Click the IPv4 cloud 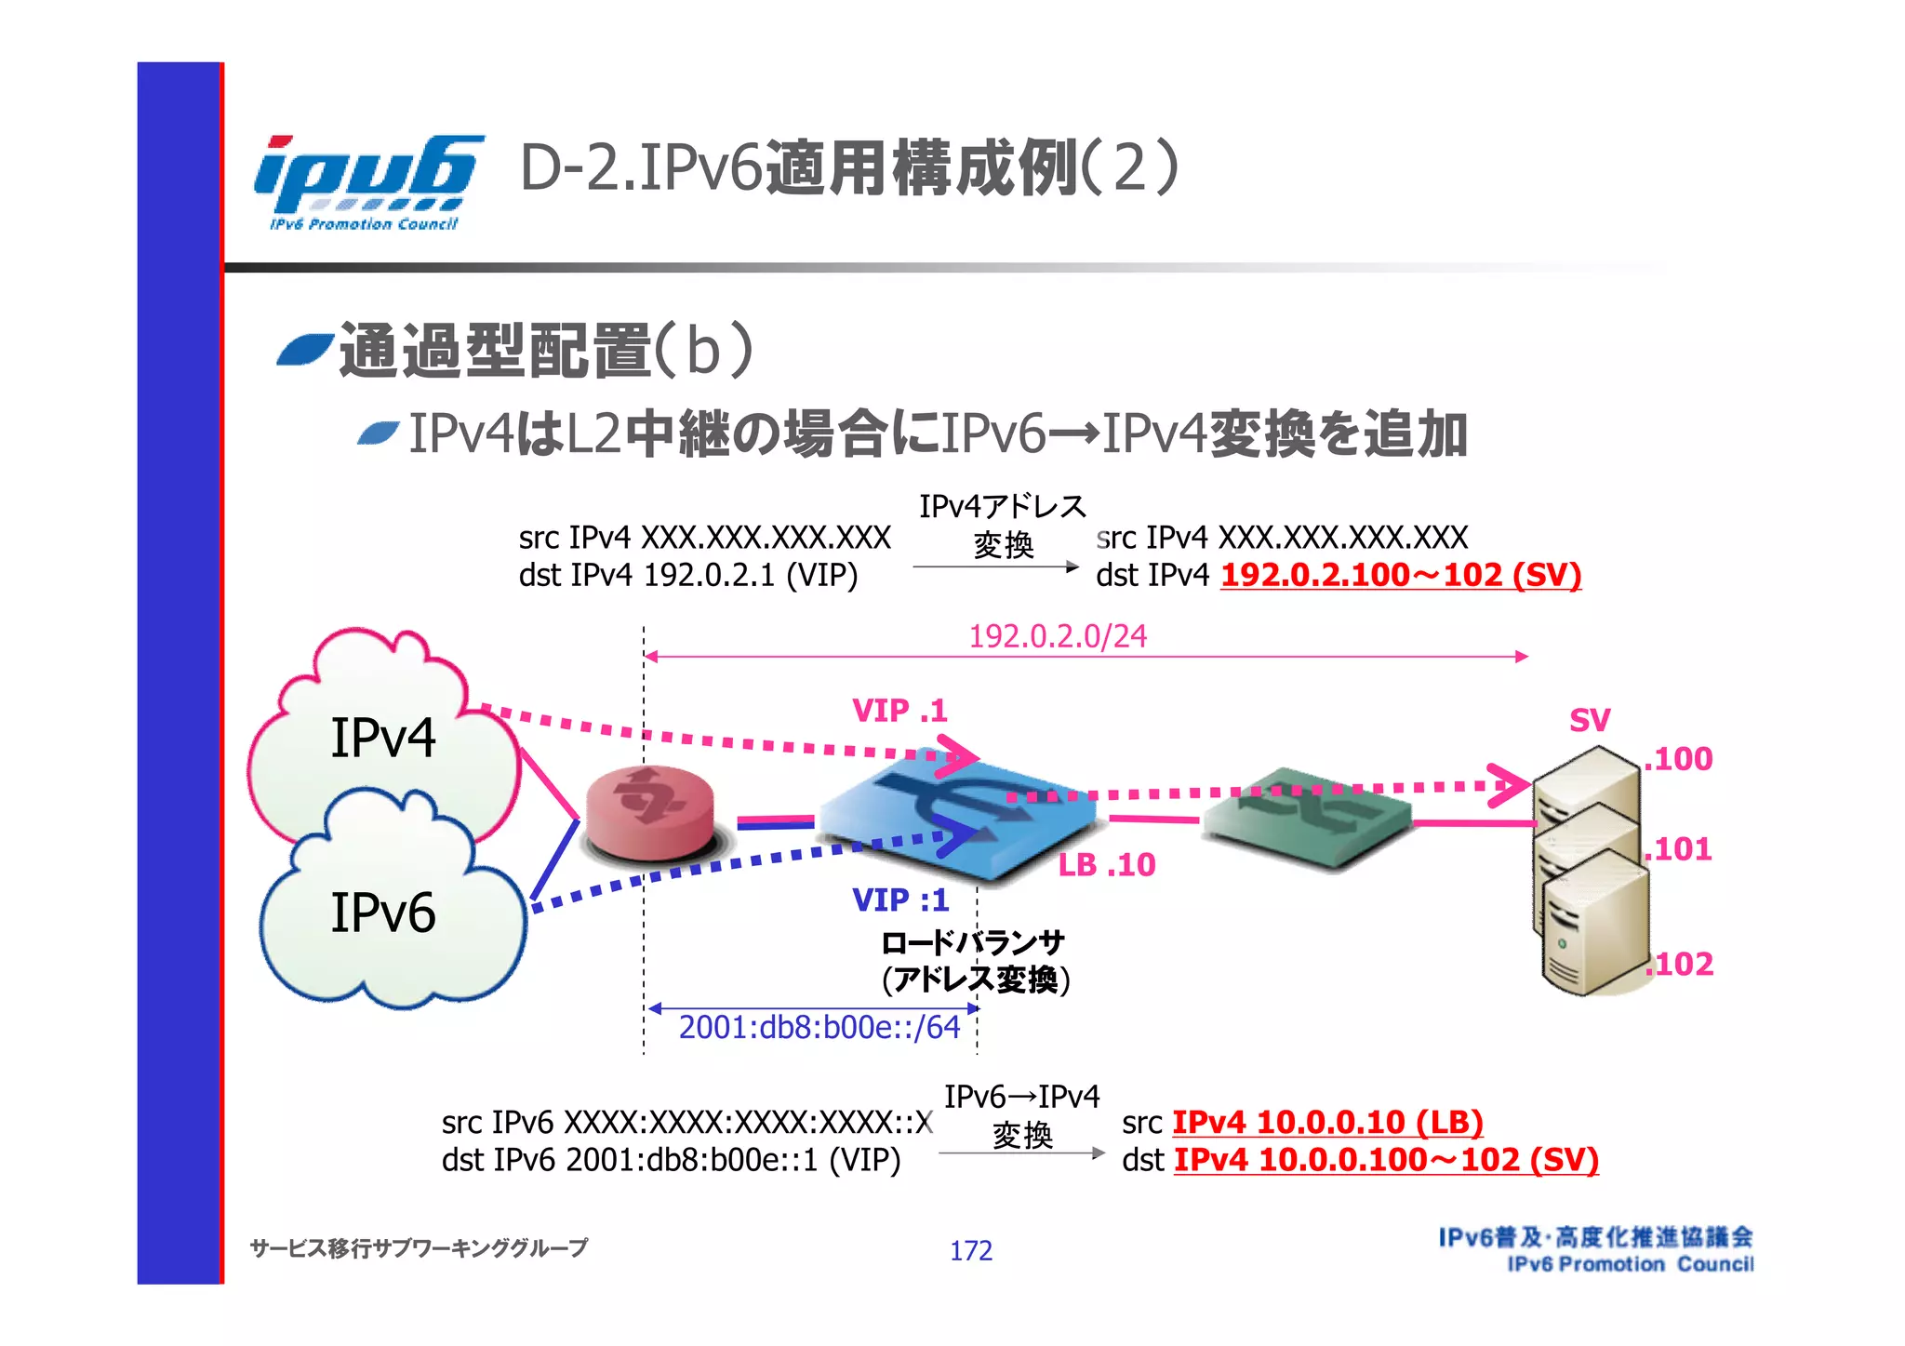tap(383, 735)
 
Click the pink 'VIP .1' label tap(899, 712)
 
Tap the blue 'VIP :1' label tap(900, 900)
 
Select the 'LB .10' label tap(1107, 865)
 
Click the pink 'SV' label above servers tap(1590, 720)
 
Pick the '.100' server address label tap(1678, 759)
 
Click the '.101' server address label tap(1678, 849)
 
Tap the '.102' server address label tap(1679, 964)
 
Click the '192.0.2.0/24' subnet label tap(1058, 636)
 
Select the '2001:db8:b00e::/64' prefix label tap(819, 1027)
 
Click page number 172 tap(970, 1250)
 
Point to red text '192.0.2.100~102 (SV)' tap(1400, 575)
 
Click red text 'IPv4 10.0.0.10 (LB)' tap(1327, 1122)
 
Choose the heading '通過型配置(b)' tap(546, 351)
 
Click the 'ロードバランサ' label tap(972, 943)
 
